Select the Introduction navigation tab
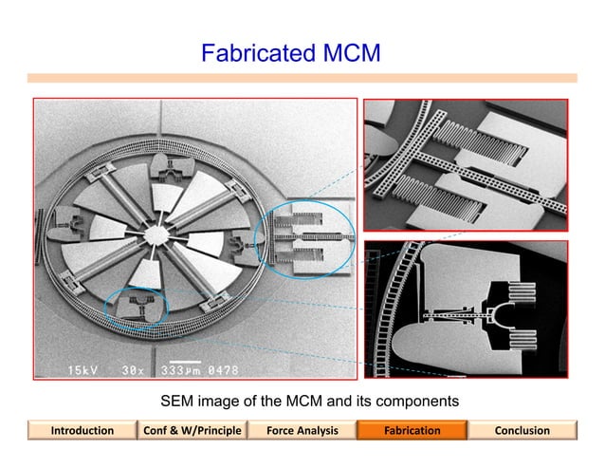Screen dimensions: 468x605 tap(82, 431)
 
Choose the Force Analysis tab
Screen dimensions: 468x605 tap(302, 431)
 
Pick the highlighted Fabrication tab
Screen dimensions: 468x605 tap(412, 431)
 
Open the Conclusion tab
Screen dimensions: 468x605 tap(522, 431)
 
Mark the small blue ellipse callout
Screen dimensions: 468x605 tap(136, 308)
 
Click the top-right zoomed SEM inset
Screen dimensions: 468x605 tap(466, 165)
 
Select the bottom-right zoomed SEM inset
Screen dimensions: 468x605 tap(466, 309)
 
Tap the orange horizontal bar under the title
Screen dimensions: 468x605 tap(302, 78)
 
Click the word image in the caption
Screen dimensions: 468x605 tap(225, 402)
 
